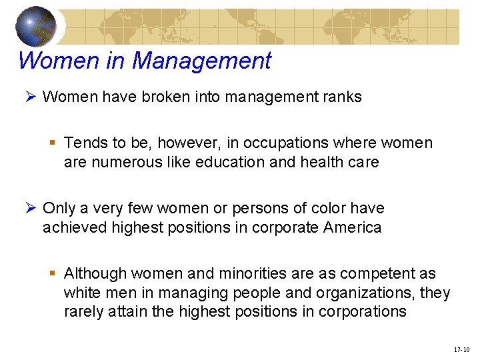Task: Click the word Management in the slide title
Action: tap(201, 61)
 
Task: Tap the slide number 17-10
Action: tap(461, 349)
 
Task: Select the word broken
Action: tap(165, 97)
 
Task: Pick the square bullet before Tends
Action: tap(54, 143)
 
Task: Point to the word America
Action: tap(352, 227)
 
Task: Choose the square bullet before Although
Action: tap(54, 273)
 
